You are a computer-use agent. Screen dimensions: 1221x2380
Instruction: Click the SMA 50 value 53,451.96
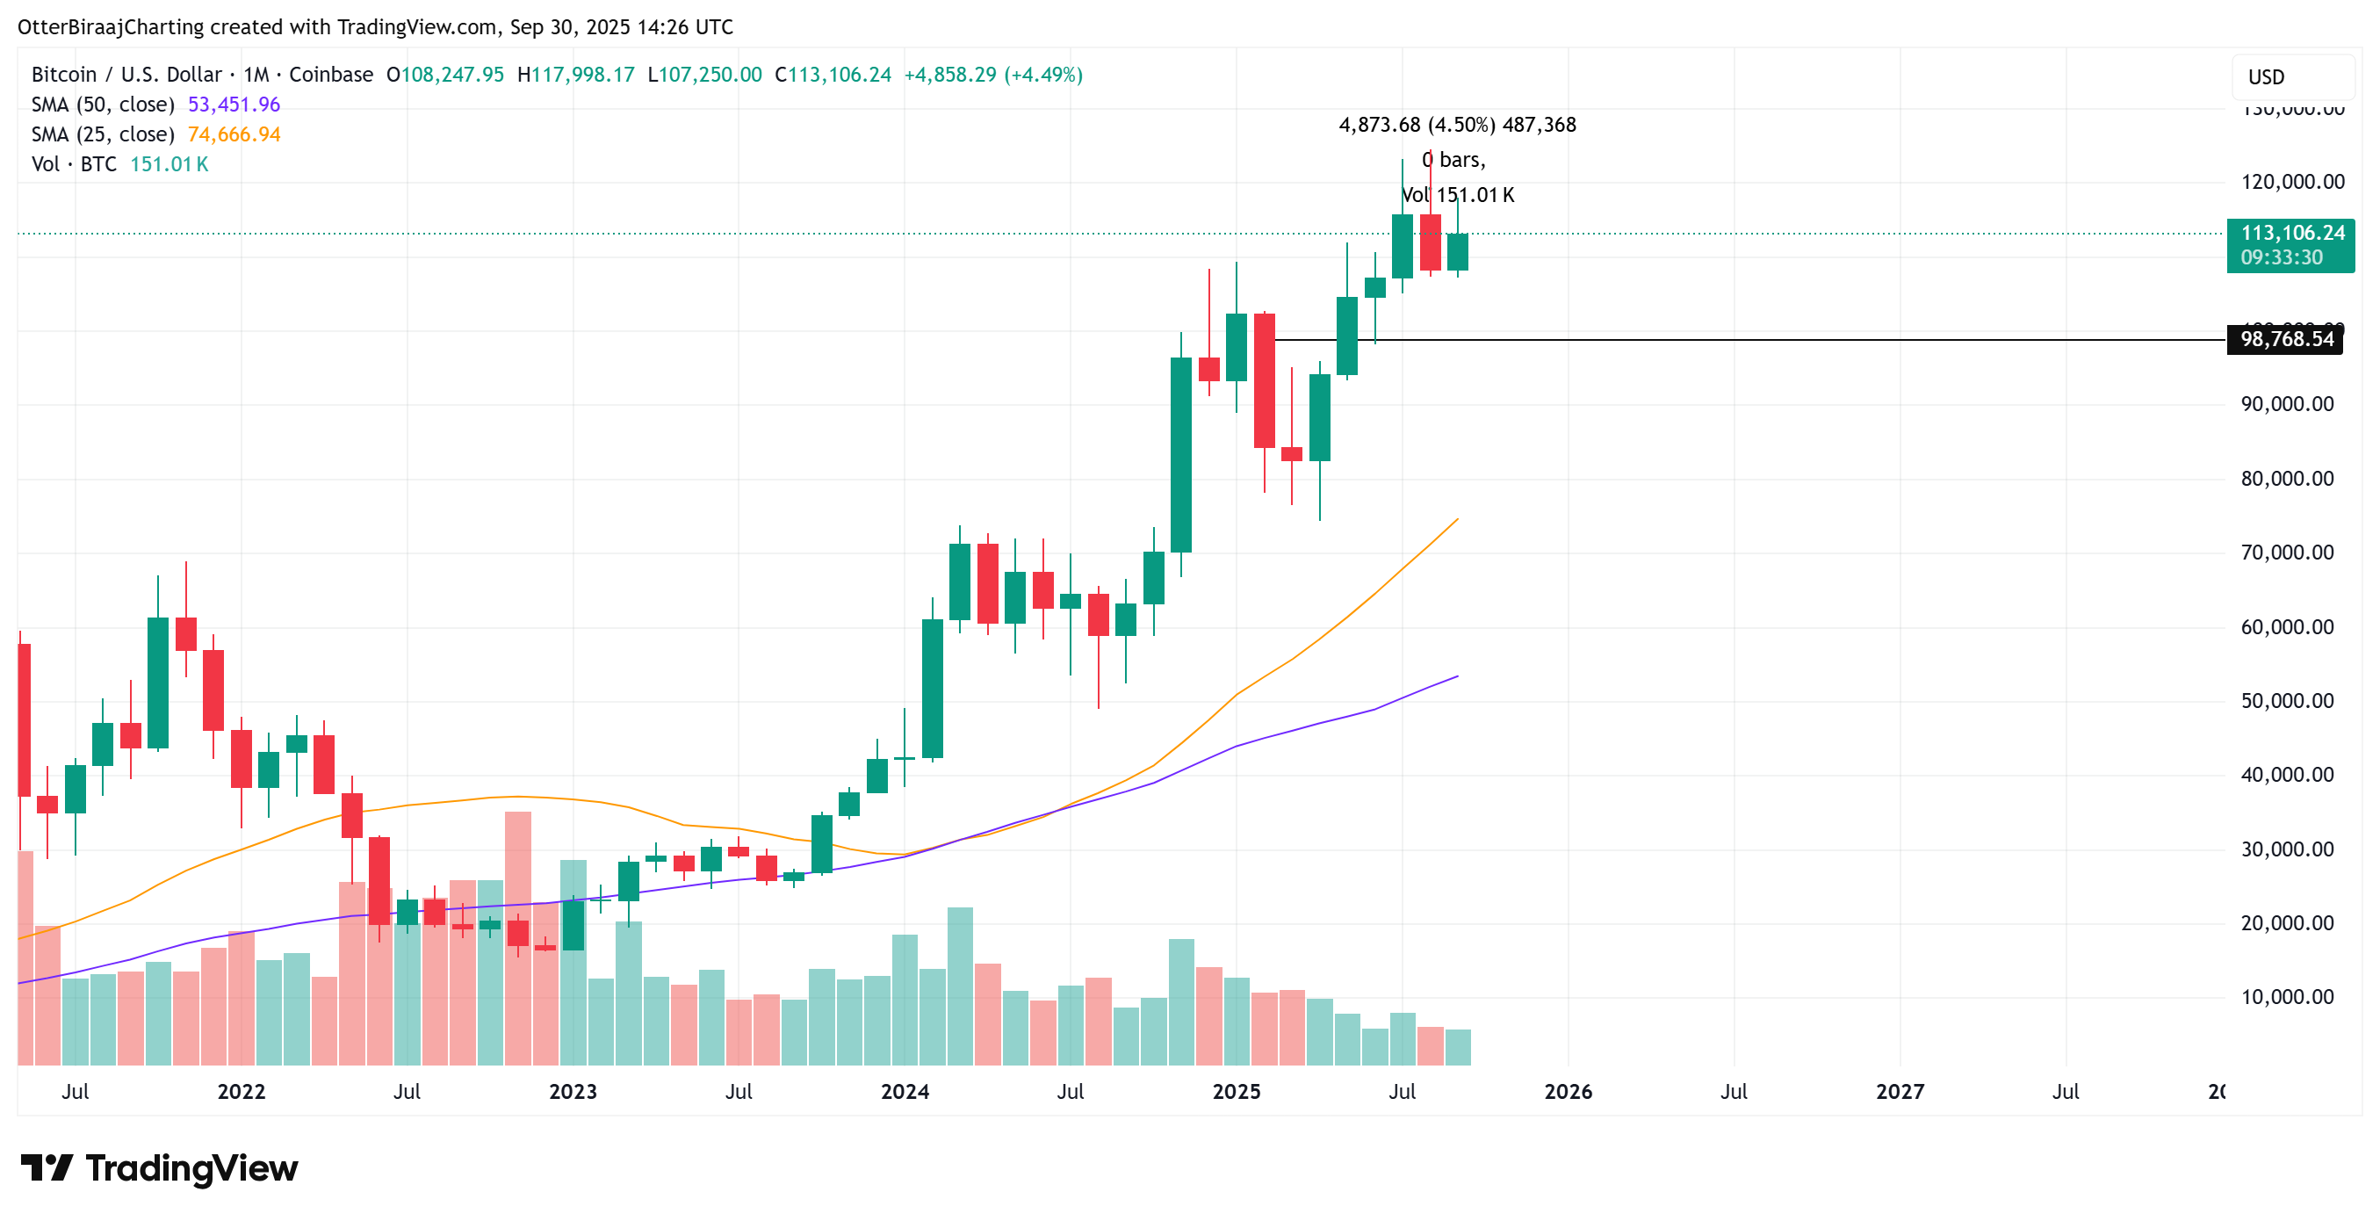[233, 105]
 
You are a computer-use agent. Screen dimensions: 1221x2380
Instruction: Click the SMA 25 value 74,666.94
[233, 134]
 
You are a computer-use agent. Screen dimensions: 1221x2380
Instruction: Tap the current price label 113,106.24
[2292, 233]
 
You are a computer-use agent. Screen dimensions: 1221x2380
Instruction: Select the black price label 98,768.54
[2286, 339]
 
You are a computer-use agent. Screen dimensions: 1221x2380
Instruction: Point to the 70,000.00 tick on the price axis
[2287, 553]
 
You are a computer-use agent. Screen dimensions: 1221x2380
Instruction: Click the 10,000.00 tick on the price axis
[2287, 997]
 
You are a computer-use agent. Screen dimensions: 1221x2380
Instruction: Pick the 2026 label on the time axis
[1568, 1092]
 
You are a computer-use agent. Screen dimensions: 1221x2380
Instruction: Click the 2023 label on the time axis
[573, 1092]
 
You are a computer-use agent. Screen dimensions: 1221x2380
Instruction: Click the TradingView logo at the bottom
[159, 1168]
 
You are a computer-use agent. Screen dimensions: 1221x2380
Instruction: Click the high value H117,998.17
[575, 75]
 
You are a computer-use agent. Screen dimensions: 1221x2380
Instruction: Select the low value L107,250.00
[704, 75]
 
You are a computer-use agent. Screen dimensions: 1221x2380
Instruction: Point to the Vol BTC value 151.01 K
[169, 164]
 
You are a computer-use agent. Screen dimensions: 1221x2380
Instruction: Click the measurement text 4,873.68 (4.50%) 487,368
[1457, 125]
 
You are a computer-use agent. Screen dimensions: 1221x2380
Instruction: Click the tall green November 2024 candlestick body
[1180, 455]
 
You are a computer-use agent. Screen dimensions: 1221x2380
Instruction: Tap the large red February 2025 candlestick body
[1264, 381]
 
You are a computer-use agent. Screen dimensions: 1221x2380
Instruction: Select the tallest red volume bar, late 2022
[517, 938]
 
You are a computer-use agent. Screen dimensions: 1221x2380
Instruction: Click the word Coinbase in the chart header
[331, 75]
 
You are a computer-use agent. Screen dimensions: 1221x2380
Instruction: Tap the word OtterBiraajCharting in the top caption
[110, 27]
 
